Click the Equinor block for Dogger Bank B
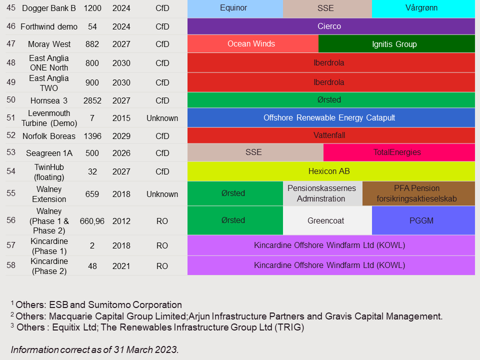235,8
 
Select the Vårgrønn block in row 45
423,8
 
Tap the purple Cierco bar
331,26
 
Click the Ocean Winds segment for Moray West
252,44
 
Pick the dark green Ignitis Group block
396,44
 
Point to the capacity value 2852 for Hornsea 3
92,100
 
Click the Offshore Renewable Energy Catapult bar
331,118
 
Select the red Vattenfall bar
331,135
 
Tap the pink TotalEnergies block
399,152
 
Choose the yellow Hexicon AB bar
331,171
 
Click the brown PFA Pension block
418,193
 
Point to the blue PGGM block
423,220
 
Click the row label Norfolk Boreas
49,136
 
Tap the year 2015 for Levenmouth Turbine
121,118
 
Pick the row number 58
11,265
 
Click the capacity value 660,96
92,221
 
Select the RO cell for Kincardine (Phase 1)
162,245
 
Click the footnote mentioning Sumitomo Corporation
96,304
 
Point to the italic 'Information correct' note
94,349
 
